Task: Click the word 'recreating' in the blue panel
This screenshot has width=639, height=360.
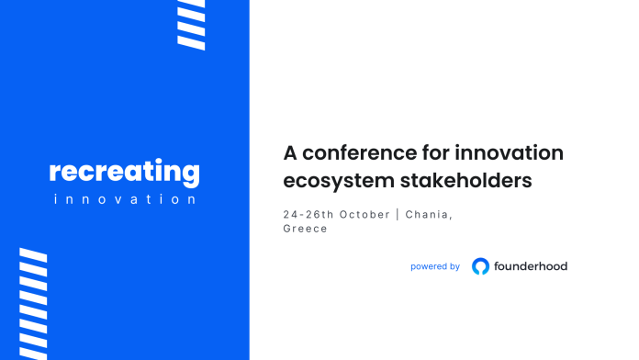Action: pos(124,172)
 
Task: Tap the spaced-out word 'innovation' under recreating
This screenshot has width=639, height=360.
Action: pos(124,199)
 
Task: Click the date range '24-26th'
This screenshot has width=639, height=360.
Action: pos(308,214)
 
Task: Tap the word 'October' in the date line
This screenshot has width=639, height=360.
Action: pos(364,214)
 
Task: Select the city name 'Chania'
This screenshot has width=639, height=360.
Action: pos(430,214)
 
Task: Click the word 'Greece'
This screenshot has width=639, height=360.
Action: pos(306,229)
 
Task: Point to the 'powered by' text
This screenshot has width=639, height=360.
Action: pos(435,266)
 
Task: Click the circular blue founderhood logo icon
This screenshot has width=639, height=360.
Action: pos(480,266)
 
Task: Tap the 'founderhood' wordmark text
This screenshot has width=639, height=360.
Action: pos(532,266)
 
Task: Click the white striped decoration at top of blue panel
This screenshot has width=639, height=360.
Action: pos(191,24)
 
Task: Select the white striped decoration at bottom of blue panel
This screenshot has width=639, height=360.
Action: pos(34,303)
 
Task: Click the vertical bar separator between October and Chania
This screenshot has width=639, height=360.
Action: pos(398,214)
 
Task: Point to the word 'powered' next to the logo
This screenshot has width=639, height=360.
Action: pos(429,266)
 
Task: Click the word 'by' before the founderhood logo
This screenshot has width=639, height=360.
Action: pos(454,266)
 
